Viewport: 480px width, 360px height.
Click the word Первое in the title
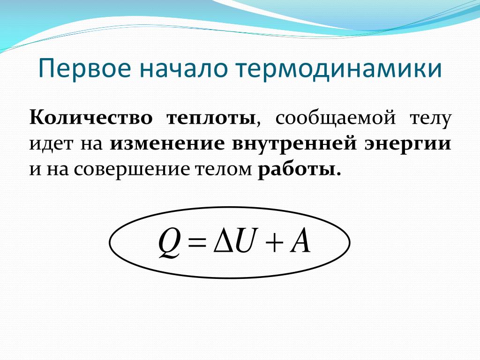coord(85,69)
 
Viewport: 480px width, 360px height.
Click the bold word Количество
coord(90,118)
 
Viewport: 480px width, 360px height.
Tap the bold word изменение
coord(167,144)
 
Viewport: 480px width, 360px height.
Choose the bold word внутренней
coord(294,144)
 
